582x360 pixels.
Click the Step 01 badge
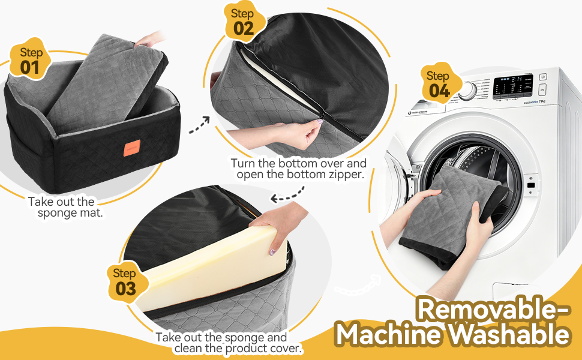pyautogui.click(x=29, y=61)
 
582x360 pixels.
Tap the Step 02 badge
pyautogui.click(x=243, y=22)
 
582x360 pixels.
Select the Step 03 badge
pyautogui.click(x=125, y=281)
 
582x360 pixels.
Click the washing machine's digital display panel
pyautogui.click(x=512, y=86)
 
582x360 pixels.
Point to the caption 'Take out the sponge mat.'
pyautogui.click(x=61, y=208)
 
